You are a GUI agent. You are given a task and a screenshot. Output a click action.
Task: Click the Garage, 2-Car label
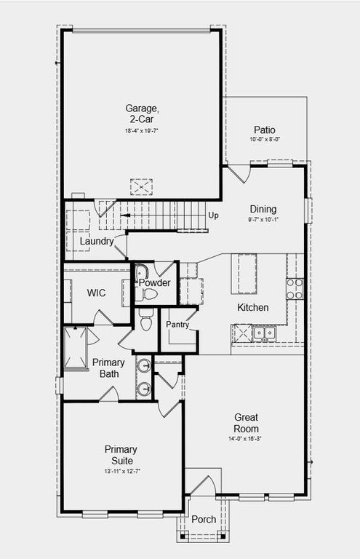pyautogui.click(x=141, y=114)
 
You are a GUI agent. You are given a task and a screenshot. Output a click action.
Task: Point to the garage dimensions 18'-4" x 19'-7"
pyautogui.click(x=141, y=131)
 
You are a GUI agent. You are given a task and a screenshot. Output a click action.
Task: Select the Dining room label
pyautogui.click(x=263, y=208)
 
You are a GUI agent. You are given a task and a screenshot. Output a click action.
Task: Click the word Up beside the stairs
pyautogui.click(x=214, y=215)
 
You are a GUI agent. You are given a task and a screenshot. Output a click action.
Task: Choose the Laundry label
pyautogui.click(x=96, y=241)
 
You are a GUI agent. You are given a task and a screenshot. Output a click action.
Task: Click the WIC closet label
pyautogui.click(x=97, y=293)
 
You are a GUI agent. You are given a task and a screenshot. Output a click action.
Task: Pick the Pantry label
pyautogui.click(x=177, y=325)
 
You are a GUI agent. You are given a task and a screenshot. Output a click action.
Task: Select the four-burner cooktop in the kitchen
pyautogui.click(x=295, y=289)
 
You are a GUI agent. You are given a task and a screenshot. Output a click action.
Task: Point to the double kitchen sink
pyautogui.click(x=263, y=333)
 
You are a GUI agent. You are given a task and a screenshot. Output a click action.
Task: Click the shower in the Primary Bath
pyautogui.click(x=75, y=349)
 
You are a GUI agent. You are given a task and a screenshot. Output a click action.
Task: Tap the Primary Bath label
pyautogui.click(x=108, y=368)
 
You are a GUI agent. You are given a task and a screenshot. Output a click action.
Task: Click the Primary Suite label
pyautogui.click(x=121, y=455)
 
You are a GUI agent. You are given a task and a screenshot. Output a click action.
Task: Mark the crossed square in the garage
pyautogui.click(x=141, y=186)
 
